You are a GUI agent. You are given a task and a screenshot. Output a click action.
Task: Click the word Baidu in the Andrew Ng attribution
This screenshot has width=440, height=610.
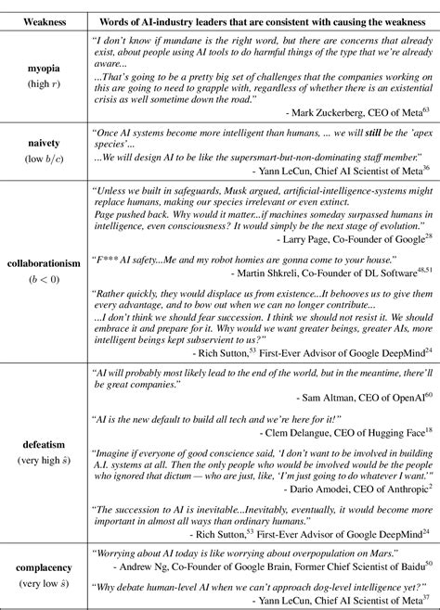406,566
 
